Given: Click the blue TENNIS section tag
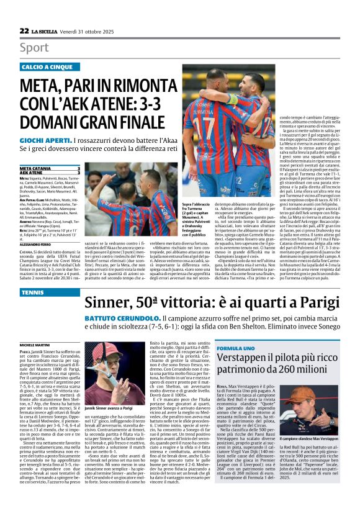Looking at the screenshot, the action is pos(32,309).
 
